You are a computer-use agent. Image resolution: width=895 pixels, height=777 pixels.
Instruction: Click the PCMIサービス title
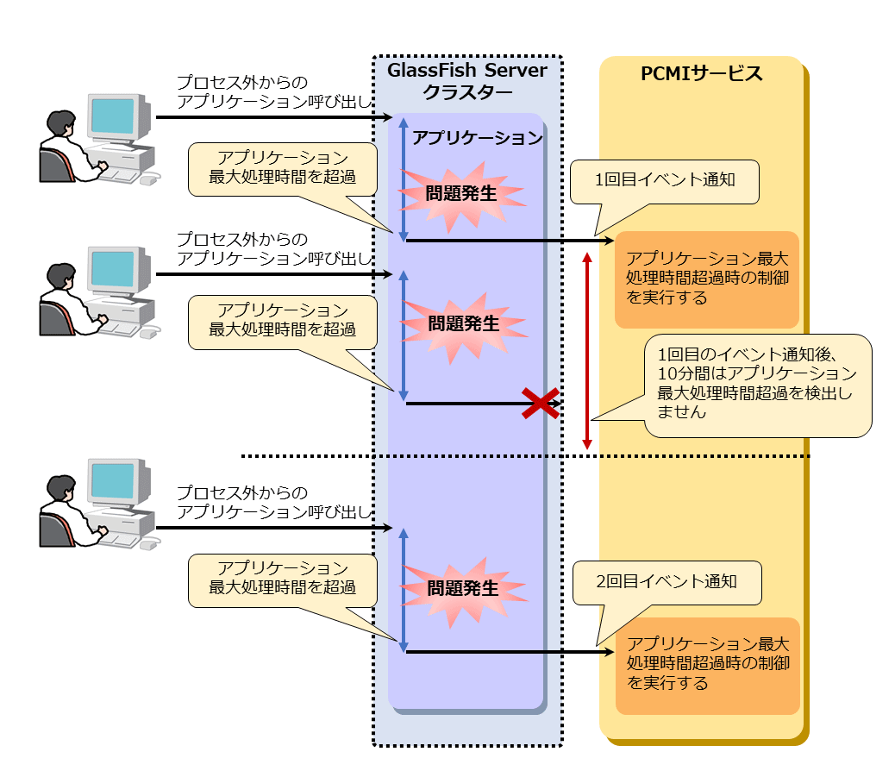(x=702, y=73)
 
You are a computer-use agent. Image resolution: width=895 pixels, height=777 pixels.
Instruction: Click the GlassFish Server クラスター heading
(x=467, y=81)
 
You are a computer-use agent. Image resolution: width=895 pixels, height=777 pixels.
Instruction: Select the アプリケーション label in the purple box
(x=478, y=137)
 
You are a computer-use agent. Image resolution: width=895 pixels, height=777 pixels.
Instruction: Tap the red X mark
(x=541, y=403)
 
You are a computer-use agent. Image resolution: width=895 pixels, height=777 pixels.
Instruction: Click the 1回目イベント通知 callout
(x=665, y=181)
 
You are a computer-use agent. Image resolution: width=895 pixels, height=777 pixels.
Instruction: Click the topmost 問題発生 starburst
(x=461, y=194)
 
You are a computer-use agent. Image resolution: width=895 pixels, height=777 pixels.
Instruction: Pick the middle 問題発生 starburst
(x=464, y=324)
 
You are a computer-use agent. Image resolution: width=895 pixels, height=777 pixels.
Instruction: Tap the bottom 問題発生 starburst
(x=464, y=589)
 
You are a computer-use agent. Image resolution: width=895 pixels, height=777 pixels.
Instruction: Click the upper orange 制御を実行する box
(x=706, y=279)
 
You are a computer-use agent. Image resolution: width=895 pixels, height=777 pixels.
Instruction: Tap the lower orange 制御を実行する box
(x=707, y=664)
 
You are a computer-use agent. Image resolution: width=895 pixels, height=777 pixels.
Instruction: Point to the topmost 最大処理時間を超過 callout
(x=283, y=168)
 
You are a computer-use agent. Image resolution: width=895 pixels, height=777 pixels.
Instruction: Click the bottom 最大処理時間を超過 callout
(x=283, y=579)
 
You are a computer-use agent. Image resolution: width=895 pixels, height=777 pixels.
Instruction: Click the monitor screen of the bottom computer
(x=113, y=480)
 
